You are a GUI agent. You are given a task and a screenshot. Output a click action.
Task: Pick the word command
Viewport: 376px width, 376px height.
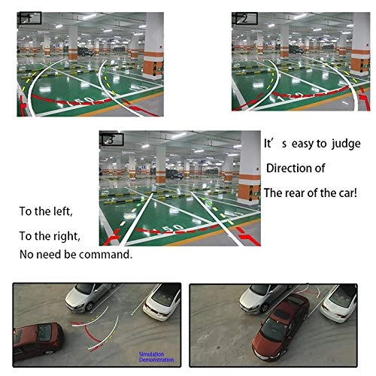pos(108,254)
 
